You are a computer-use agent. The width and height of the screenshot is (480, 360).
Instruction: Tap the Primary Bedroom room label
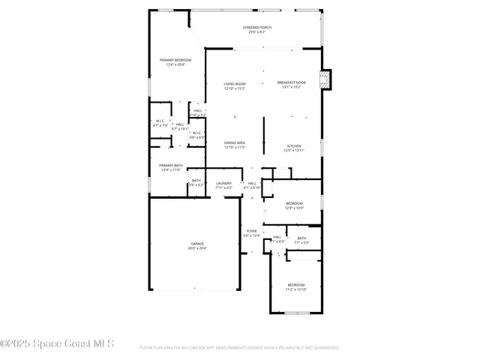pos(175,60)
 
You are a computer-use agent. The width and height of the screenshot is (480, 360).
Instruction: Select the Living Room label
pos(235,84)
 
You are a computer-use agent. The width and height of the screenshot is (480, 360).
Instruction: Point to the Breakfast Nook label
pos(291,82)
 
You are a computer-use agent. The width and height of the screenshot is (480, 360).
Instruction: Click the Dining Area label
pos(235,142)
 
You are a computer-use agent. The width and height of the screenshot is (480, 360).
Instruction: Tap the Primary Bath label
pos(170,165)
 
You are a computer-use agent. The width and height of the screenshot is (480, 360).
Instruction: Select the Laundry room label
pos(224,183)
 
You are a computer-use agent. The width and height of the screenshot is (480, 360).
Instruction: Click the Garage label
pos(197,244)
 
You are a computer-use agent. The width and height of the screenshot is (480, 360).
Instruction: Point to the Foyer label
pos(251,231)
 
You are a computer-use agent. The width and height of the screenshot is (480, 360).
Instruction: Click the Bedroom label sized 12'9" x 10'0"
pos(294,203)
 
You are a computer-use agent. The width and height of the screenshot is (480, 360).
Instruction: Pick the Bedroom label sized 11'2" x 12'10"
pos(297,285)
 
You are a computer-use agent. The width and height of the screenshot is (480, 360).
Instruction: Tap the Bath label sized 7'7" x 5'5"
pos(301,238)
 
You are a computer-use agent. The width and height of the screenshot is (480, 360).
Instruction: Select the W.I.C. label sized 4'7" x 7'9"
pos(160,121)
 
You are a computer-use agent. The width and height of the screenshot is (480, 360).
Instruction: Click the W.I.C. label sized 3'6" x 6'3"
pos(196,133)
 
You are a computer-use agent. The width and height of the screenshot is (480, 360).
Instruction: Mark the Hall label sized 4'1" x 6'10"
pos(252,183)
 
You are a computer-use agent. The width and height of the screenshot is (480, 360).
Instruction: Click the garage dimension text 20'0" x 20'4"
pos(197,248)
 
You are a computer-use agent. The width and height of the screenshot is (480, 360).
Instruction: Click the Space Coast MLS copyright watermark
pos(57,343)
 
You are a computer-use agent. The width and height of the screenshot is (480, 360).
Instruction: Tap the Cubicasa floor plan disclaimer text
pos(239,348)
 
